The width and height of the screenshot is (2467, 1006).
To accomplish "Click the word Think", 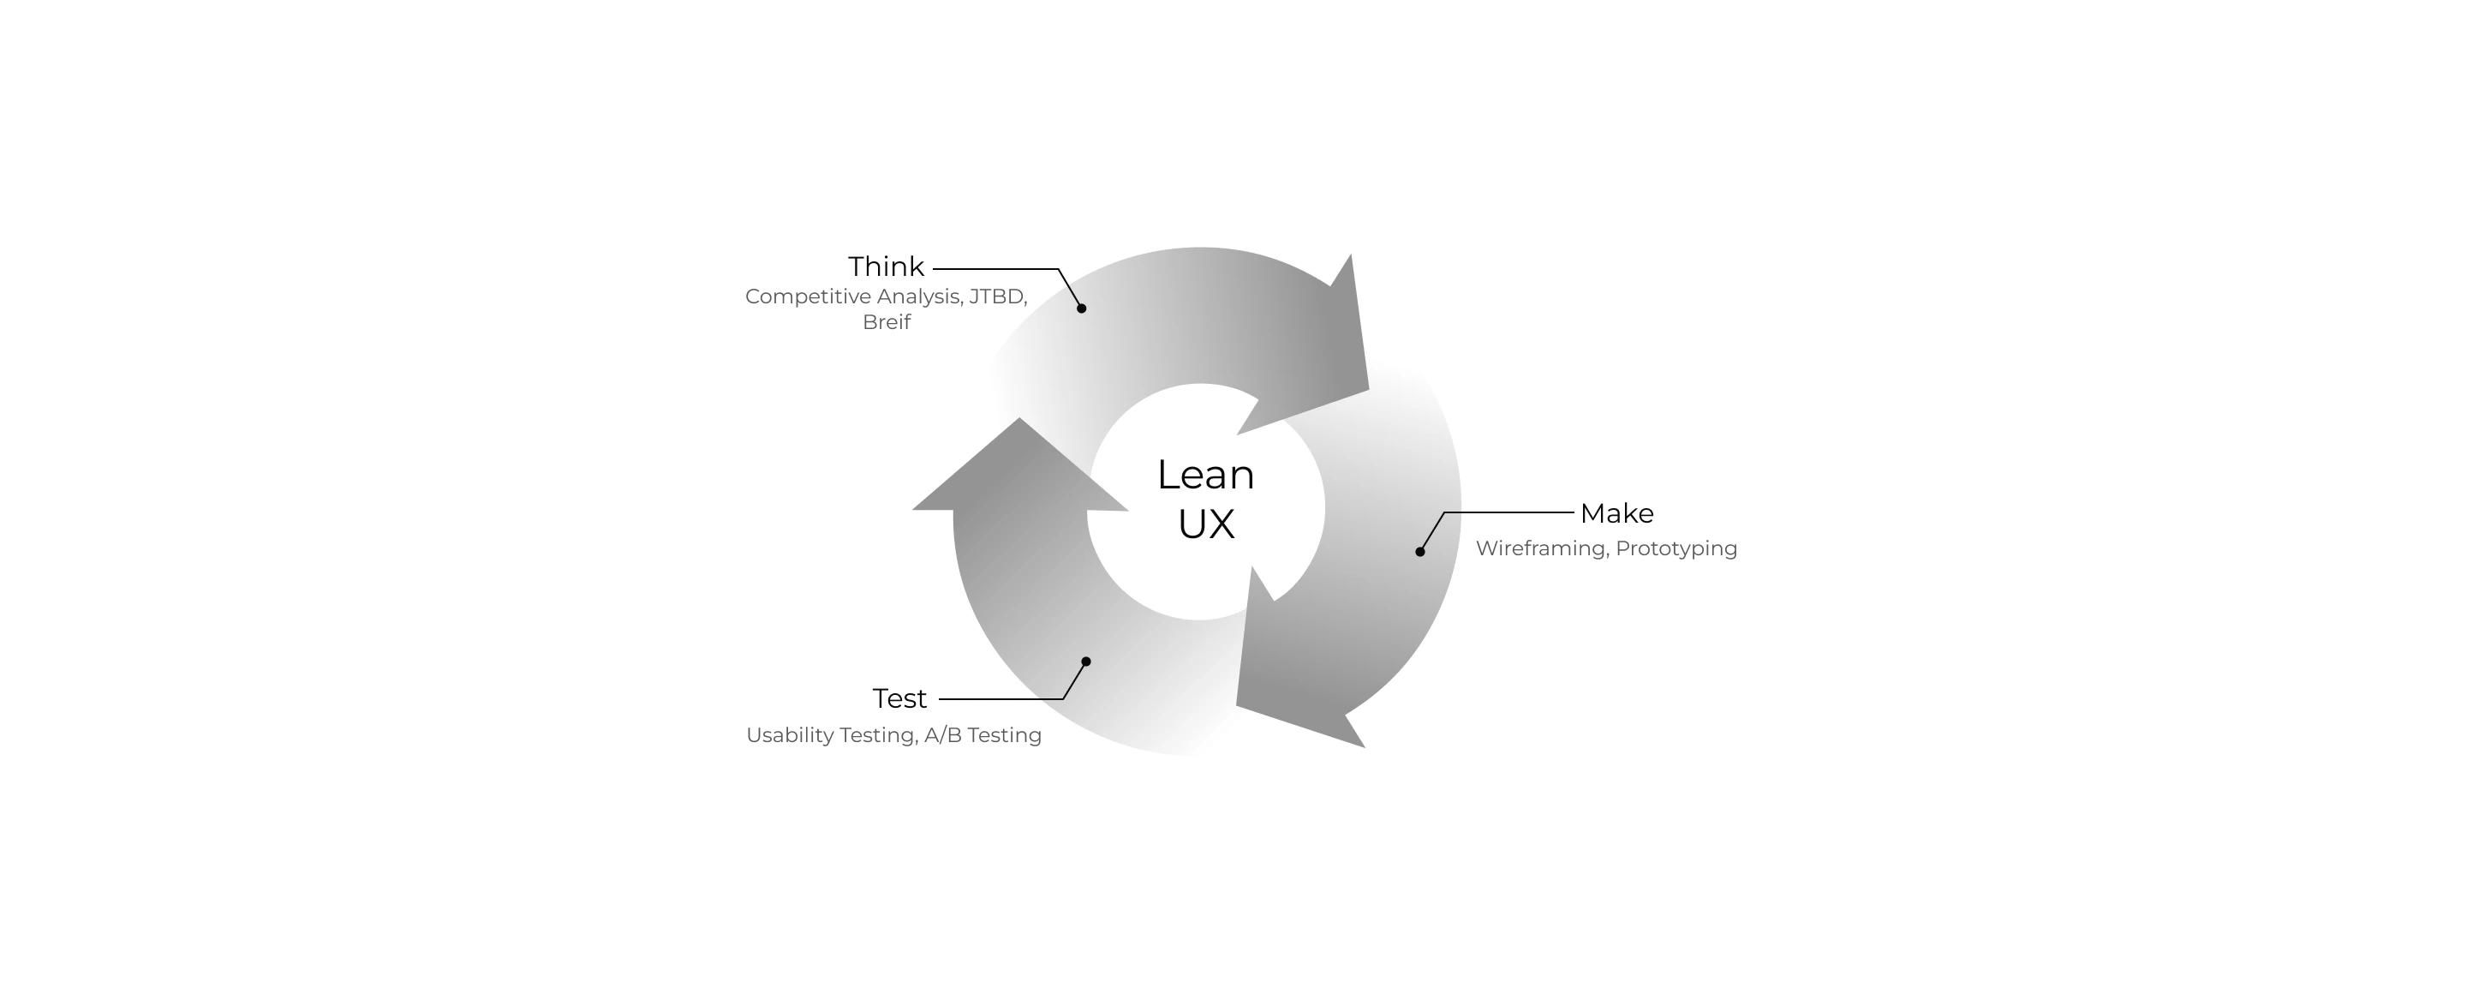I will pos(886,266).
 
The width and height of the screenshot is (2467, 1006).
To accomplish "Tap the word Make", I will pos(1616,513).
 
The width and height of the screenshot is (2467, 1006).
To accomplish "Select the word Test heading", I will pos(899,698).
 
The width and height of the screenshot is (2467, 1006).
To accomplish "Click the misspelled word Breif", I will pos(886,323).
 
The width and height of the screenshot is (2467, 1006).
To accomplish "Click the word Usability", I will pos(790,736).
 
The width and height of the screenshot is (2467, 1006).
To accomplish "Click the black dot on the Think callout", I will pos(1081,308).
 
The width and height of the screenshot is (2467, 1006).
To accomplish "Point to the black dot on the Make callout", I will pos(1420,552).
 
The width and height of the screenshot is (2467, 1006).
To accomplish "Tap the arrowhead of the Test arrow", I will pos(1019,470).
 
